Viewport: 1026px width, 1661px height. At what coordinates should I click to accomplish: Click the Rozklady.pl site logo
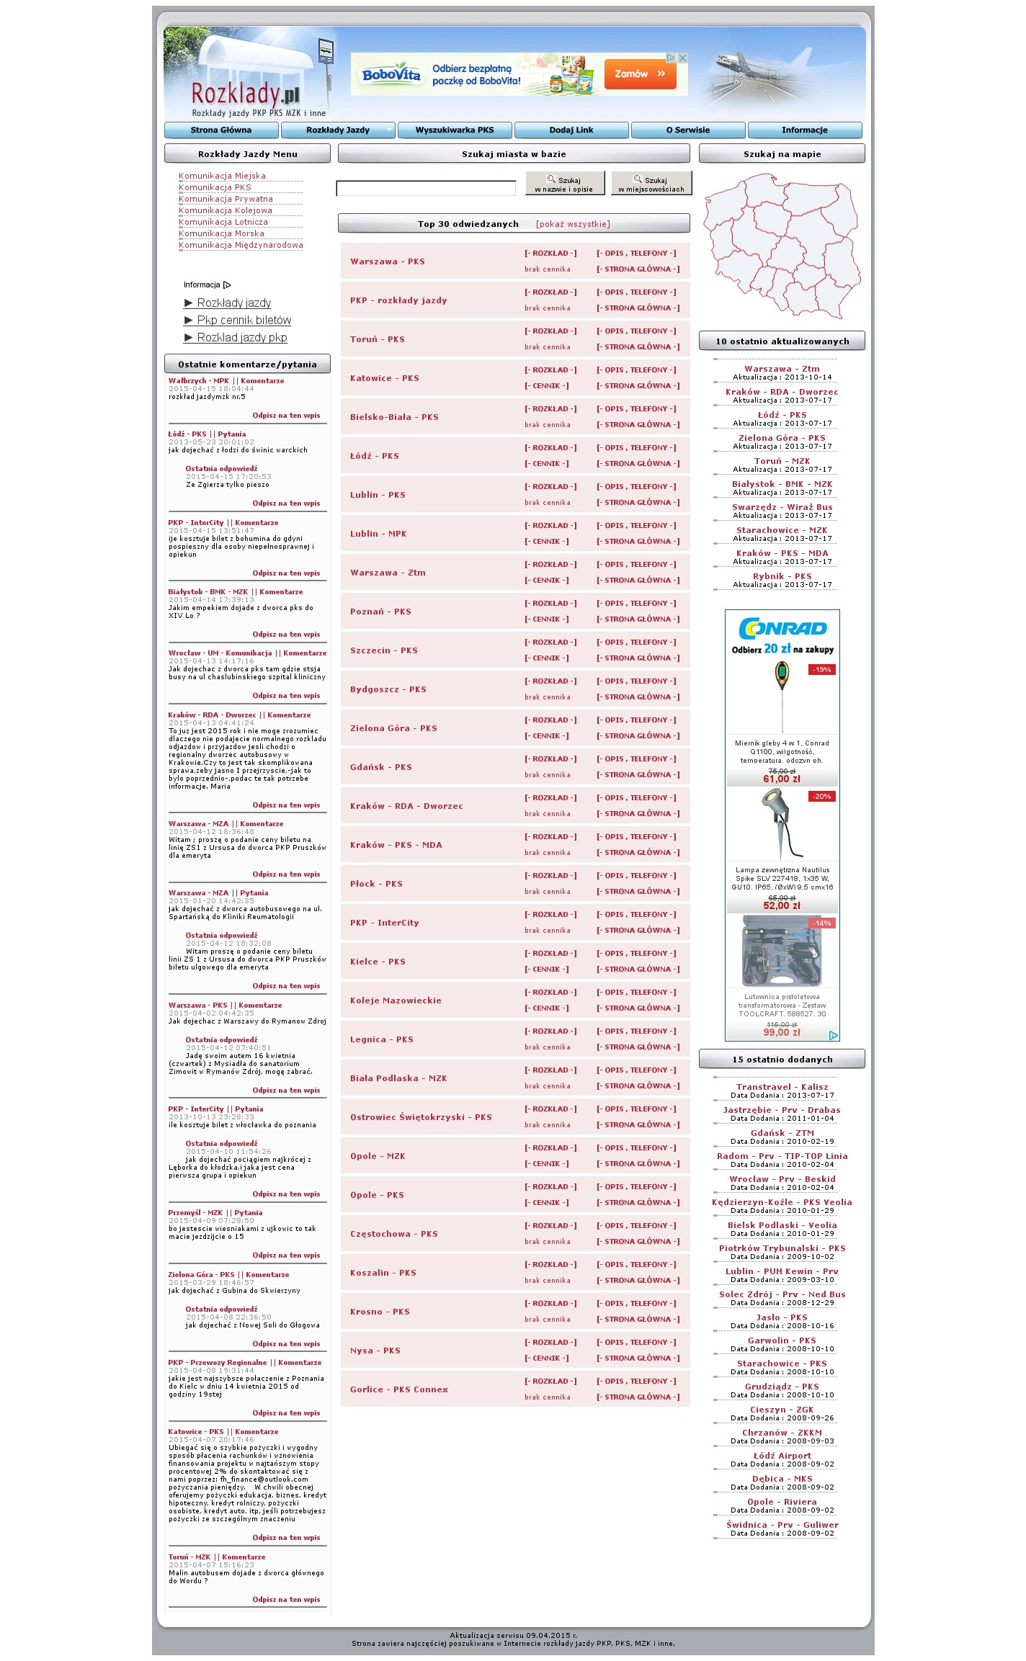click(x=245, y=95)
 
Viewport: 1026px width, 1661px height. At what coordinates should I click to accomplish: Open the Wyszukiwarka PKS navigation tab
click(x=455, y=130)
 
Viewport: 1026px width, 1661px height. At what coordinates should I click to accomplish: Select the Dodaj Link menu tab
click(x=571, y=130)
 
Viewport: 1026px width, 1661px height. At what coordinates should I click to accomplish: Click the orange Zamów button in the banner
click(x=640, y=74)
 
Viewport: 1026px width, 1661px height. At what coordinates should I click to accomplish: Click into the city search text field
click(x=426, y=189)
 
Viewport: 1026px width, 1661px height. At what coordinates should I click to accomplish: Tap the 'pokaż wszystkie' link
click(x=573, y=224)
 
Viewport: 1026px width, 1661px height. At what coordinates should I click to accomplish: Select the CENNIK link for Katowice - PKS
click(x=546, y=386)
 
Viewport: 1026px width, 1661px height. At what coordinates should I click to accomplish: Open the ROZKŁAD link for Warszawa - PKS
click(x=550, y=254)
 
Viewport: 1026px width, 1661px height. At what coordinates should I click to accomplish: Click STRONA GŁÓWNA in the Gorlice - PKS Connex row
click(x=638, y=1397)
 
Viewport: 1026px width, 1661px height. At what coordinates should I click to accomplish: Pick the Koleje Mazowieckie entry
click(x=396, y=1000)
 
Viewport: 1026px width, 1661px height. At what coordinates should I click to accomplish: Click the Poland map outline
click(x=782, y=245)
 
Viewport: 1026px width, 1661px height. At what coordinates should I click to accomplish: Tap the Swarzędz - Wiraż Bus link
click(x=782, y=507)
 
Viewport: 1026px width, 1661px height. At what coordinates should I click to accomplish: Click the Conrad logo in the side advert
click(x=782, y=628)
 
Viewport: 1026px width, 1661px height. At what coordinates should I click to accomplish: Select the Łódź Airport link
click(x=782, y=1456)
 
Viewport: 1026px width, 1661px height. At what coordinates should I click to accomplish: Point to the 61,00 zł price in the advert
click(x=782, y=779)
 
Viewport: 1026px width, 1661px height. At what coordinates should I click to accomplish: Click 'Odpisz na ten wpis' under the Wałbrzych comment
click(x=286, y=416)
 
